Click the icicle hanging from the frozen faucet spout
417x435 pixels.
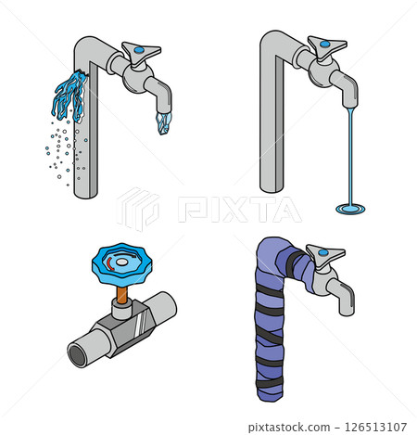point(163,123)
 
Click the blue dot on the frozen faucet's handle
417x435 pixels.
point(139,49)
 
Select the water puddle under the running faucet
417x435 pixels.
point(350,209)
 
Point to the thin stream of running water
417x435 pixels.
point(350,156)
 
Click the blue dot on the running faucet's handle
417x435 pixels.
point(324,44)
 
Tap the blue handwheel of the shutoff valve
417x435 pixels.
point(122,263)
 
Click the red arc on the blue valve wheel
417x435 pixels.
point(110,264)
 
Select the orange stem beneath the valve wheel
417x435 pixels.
point(122,295)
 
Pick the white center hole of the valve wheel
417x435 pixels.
point(122,262)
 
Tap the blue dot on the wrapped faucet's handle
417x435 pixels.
point(323,252)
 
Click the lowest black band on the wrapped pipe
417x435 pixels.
point(270,384)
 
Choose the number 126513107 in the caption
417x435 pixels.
point(375,427)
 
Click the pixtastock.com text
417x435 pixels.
point(289,428)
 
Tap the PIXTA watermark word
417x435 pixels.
point(239,210)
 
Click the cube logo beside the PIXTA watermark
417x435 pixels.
point(138,209)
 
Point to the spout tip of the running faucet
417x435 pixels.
point(350,105)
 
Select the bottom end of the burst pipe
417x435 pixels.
point(86,193)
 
